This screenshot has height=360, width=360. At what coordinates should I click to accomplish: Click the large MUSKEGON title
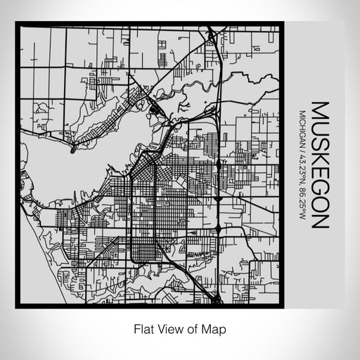(x=319, y=166)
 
